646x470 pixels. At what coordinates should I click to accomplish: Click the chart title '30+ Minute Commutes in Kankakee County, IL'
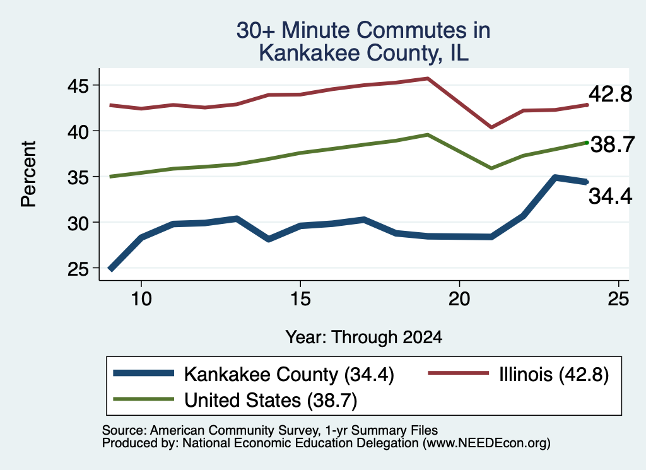pyautogui.click(x=363, y=42)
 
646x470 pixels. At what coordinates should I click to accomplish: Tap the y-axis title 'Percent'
pyautogui.click(x=28, y=174)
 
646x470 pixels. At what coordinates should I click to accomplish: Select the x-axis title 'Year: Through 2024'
pyautogui.click(x=364, y=337)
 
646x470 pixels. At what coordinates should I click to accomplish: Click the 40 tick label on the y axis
pyautogui.click(x=78, y=131)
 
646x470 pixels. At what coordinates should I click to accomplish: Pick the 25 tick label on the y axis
pyautogui.click(x=78, y=269)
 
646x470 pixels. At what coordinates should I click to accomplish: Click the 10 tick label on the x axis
pyautogui.click(x=141, y=298)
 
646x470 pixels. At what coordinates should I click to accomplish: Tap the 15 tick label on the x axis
pyautogui.click(x=300, y=298)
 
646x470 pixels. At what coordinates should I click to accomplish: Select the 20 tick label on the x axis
pyautogui.click(x=459, y=298)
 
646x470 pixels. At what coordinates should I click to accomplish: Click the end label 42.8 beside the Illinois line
pyautogui.click(x=610, y=94)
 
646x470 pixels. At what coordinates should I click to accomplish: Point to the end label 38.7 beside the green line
pyautogui.click(x=613, y=144)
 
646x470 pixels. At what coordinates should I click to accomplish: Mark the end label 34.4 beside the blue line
pyautogui.click(x=610, y=196)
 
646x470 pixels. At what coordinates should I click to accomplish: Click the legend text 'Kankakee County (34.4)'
pyautogui.click(x=289, y=375)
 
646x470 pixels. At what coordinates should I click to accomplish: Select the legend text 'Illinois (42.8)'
pyautogui.click(x=554, y=375)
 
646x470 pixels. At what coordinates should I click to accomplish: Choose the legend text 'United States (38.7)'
pyautogui.click(x=271, y=401)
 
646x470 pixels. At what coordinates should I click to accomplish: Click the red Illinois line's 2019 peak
pyautogui.click(x=428, y=78)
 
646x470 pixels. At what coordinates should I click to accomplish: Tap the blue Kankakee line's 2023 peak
pyautogui.click(x=555, y=177)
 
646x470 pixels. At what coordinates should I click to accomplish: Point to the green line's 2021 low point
pyautogui.click(x=491, y=168)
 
